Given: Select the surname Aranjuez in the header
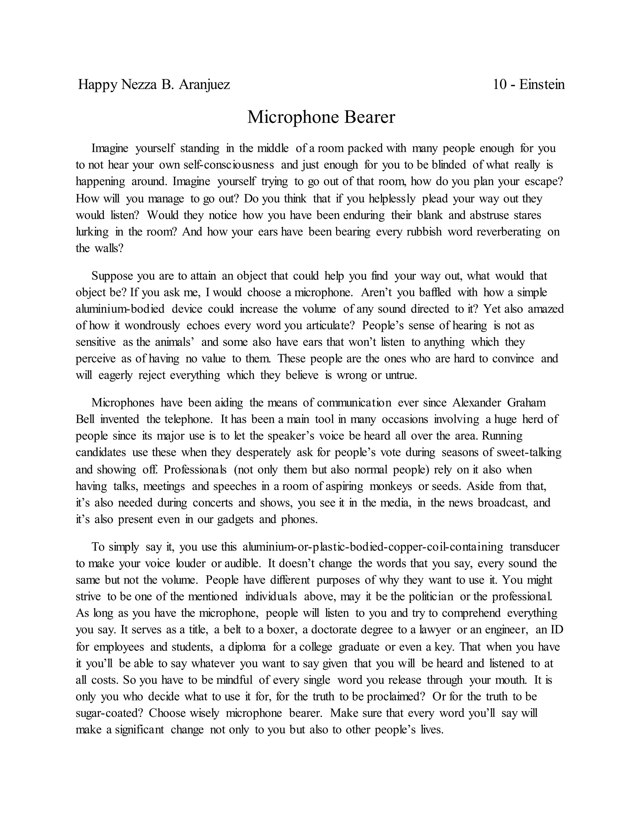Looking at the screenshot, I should click(204, 84).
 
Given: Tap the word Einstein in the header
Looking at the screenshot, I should click(542, 84).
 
